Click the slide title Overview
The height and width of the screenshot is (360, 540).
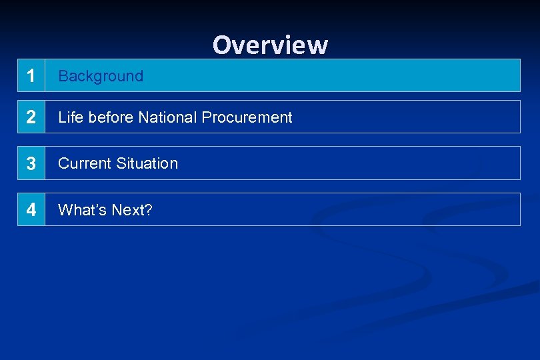[270, 45]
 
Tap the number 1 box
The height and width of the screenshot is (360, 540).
[31, 75]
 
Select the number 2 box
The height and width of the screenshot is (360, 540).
[31, 117]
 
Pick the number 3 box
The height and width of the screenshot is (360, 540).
[31, 163]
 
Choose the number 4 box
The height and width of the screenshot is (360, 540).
[31, 210]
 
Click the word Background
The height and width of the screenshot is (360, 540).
[101, 76]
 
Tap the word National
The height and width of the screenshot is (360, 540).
[167, 117]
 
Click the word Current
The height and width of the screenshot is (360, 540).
[84, 163]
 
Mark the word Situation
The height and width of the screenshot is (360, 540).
[147, 163]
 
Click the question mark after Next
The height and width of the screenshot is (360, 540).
[149, 210]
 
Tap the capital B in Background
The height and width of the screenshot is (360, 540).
[63, 76]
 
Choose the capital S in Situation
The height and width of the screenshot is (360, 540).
[120, 163]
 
